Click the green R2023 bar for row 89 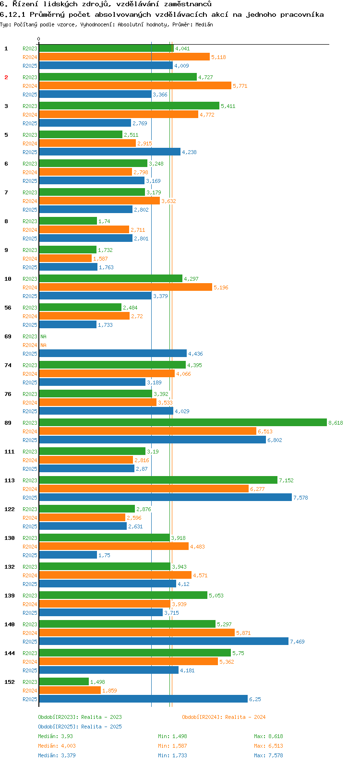click(x=182, y=422)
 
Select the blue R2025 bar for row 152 click(x=143, y=699)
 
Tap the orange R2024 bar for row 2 click(x=135, y=85)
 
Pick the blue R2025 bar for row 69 click(x=112, y=353)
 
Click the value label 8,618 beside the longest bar click(x=336, y=423)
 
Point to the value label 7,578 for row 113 click(x=300, y=498)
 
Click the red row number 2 click(x=6, y=77)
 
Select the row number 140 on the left click(x=10, y=624)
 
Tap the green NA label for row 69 click(x=43, y=336)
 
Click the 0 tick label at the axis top click(x=39, y=39)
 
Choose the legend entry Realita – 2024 click(x=224, y=717)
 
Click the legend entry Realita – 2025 click(x=80, y=727)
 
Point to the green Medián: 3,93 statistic click(x=56, y=736)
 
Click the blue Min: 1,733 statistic click(x=172, y=755)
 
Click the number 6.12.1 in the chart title click(x=12, y=14)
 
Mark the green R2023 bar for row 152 click(x=64, y=681)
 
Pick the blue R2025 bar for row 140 click(x=164, y=641)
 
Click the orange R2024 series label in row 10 click(x=30, y=287)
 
